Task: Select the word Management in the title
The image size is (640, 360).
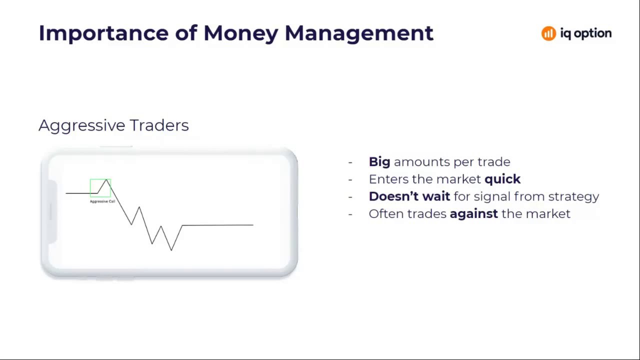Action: [358, 33]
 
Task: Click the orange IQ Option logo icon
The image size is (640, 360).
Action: [548, 33]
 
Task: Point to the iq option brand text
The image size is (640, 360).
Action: [585, 33]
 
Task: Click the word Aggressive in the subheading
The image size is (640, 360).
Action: [81, 125]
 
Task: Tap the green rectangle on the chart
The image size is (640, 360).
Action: [100, 188]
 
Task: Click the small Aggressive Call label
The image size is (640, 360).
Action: [102, 201]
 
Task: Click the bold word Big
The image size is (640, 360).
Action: [379, 162]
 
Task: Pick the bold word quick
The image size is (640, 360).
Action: [502, 179]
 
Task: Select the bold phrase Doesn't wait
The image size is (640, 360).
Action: [409, 196]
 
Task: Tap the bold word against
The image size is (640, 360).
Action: [473, 214]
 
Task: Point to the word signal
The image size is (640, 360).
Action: [492, 196]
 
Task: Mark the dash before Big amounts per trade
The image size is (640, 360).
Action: [350, 162]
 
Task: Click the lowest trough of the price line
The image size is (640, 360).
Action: [171, 250]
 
